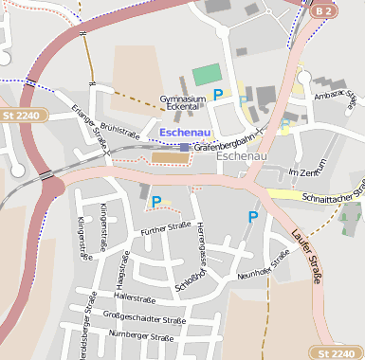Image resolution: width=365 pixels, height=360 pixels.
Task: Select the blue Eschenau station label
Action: [185, 133]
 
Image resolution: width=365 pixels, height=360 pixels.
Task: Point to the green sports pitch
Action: [206, 75]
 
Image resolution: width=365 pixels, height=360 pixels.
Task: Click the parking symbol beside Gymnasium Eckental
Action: [218, 94]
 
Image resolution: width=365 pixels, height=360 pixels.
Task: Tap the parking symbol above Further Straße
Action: [156, 201]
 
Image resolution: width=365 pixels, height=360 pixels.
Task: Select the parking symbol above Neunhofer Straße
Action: [252, 217]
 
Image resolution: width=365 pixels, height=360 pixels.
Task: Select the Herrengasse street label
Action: [202, 240]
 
